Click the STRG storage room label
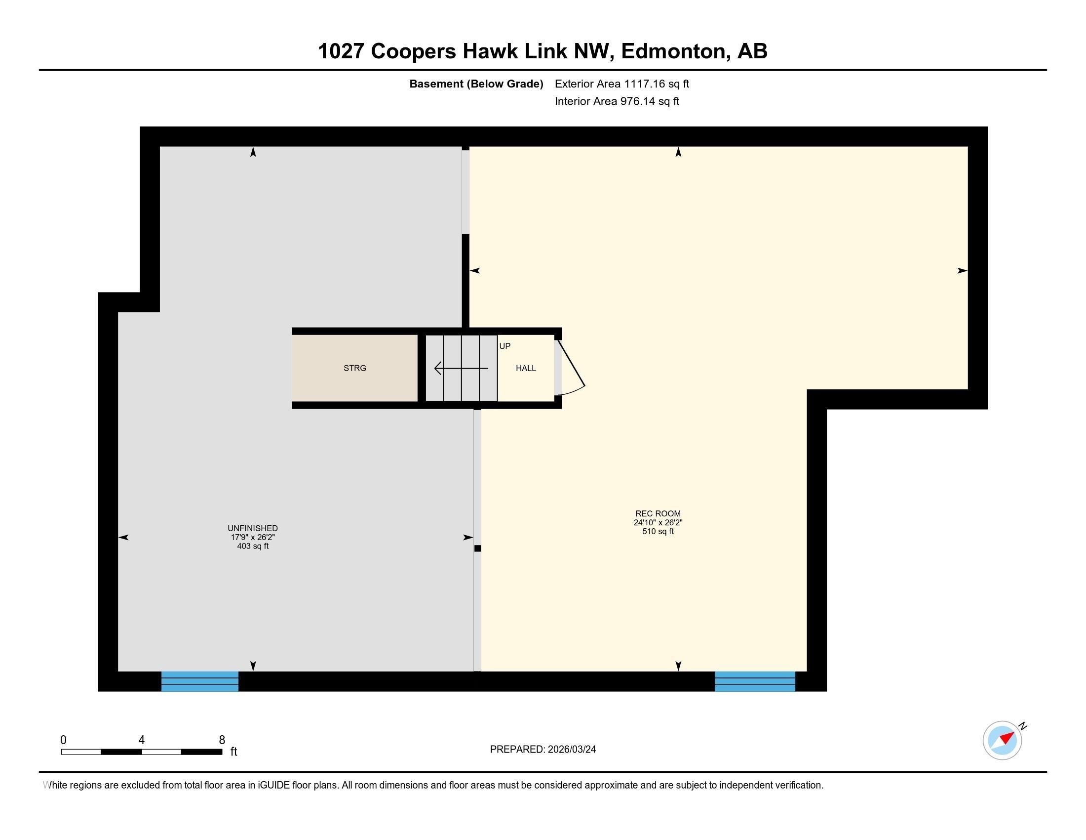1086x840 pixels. coord(354,368)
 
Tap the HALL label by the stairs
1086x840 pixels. coord(526,368)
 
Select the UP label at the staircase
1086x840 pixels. coord(504,346)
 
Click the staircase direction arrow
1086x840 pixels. coord(461,368)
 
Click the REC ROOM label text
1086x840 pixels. coord(658,513)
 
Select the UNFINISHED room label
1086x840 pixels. coord(253,529)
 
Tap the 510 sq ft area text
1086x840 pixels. coord(658,532)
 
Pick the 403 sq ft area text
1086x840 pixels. coord(253,546)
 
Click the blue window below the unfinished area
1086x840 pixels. coord(200,681)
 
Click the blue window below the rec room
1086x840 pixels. coord(755,681)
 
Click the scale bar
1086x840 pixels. coord(142,752)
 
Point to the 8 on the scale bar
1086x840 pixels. coord(222,740)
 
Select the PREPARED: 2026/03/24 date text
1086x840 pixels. coord(543,750)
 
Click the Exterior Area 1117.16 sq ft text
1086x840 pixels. coord(622,84)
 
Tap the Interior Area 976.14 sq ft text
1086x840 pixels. coord(617,101)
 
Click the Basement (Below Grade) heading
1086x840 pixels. coord(476,84)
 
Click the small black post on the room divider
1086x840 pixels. coord(477,548)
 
